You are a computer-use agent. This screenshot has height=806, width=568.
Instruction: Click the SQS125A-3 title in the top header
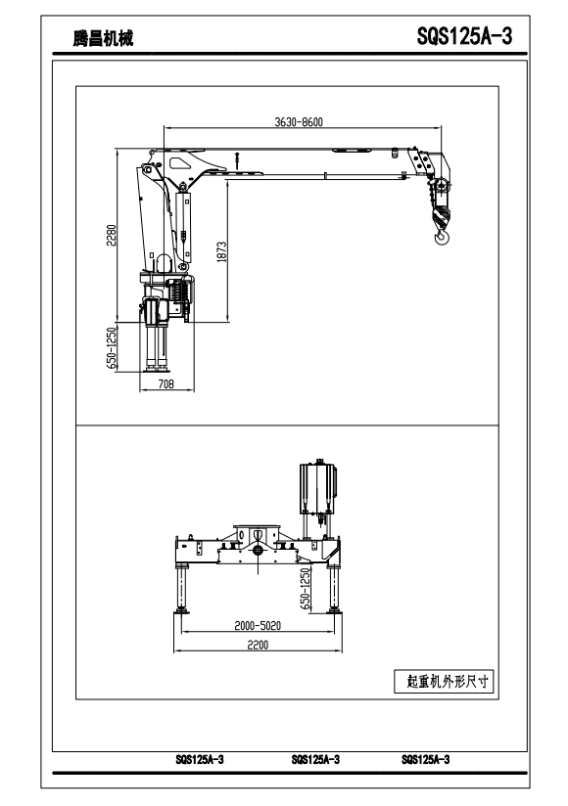pyautogui.click(x=464, y=36)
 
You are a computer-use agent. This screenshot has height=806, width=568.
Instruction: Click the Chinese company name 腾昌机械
pyautogui.click(x=103, y=38)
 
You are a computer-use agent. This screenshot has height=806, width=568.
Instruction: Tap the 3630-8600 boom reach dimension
pyautogui.click(x=299, y=122)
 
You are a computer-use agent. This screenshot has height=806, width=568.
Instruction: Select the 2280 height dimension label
pyautogui.click(x=112, y=235)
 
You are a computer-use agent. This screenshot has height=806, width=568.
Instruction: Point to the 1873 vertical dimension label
pyautogui.click(x=221, y=252)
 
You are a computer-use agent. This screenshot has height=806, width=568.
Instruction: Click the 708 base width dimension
pyautogui.click(x=166, y=384)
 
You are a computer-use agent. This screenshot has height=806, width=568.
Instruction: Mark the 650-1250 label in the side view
pyautogui.click(x=112, y=348)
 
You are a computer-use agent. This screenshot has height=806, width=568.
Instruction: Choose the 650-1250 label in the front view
pyautogui.click(x=306, y=589)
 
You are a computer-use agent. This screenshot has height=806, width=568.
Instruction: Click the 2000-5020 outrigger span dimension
pyautogui.click(x=258, y=626)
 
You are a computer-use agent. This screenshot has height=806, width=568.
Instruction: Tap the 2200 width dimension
pyautogui.click(x=258, y=645)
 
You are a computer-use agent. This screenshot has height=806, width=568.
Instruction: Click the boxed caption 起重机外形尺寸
pyautogui.click(x=444, y=682)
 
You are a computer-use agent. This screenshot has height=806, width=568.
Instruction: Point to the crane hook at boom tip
pyautogui.click(x=442, y=237)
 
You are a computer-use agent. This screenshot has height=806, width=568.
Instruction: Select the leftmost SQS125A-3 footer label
pyautogui.click(x=200, y=760)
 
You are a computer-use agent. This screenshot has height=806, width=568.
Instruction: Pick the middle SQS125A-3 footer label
pyautogui.click(x=315, y=760)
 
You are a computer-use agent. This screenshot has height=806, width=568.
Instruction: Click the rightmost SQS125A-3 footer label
pyautogui.click(x=425, y=760)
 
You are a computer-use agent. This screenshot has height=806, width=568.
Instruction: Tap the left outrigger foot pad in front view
pyautogui.click(x=181, y=610)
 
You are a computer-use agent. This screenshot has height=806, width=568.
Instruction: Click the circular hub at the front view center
pyautogui.click(x=258, y=551)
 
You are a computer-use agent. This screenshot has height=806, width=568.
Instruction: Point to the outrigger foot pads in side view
pyautogui.click(x=157, y=368)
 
